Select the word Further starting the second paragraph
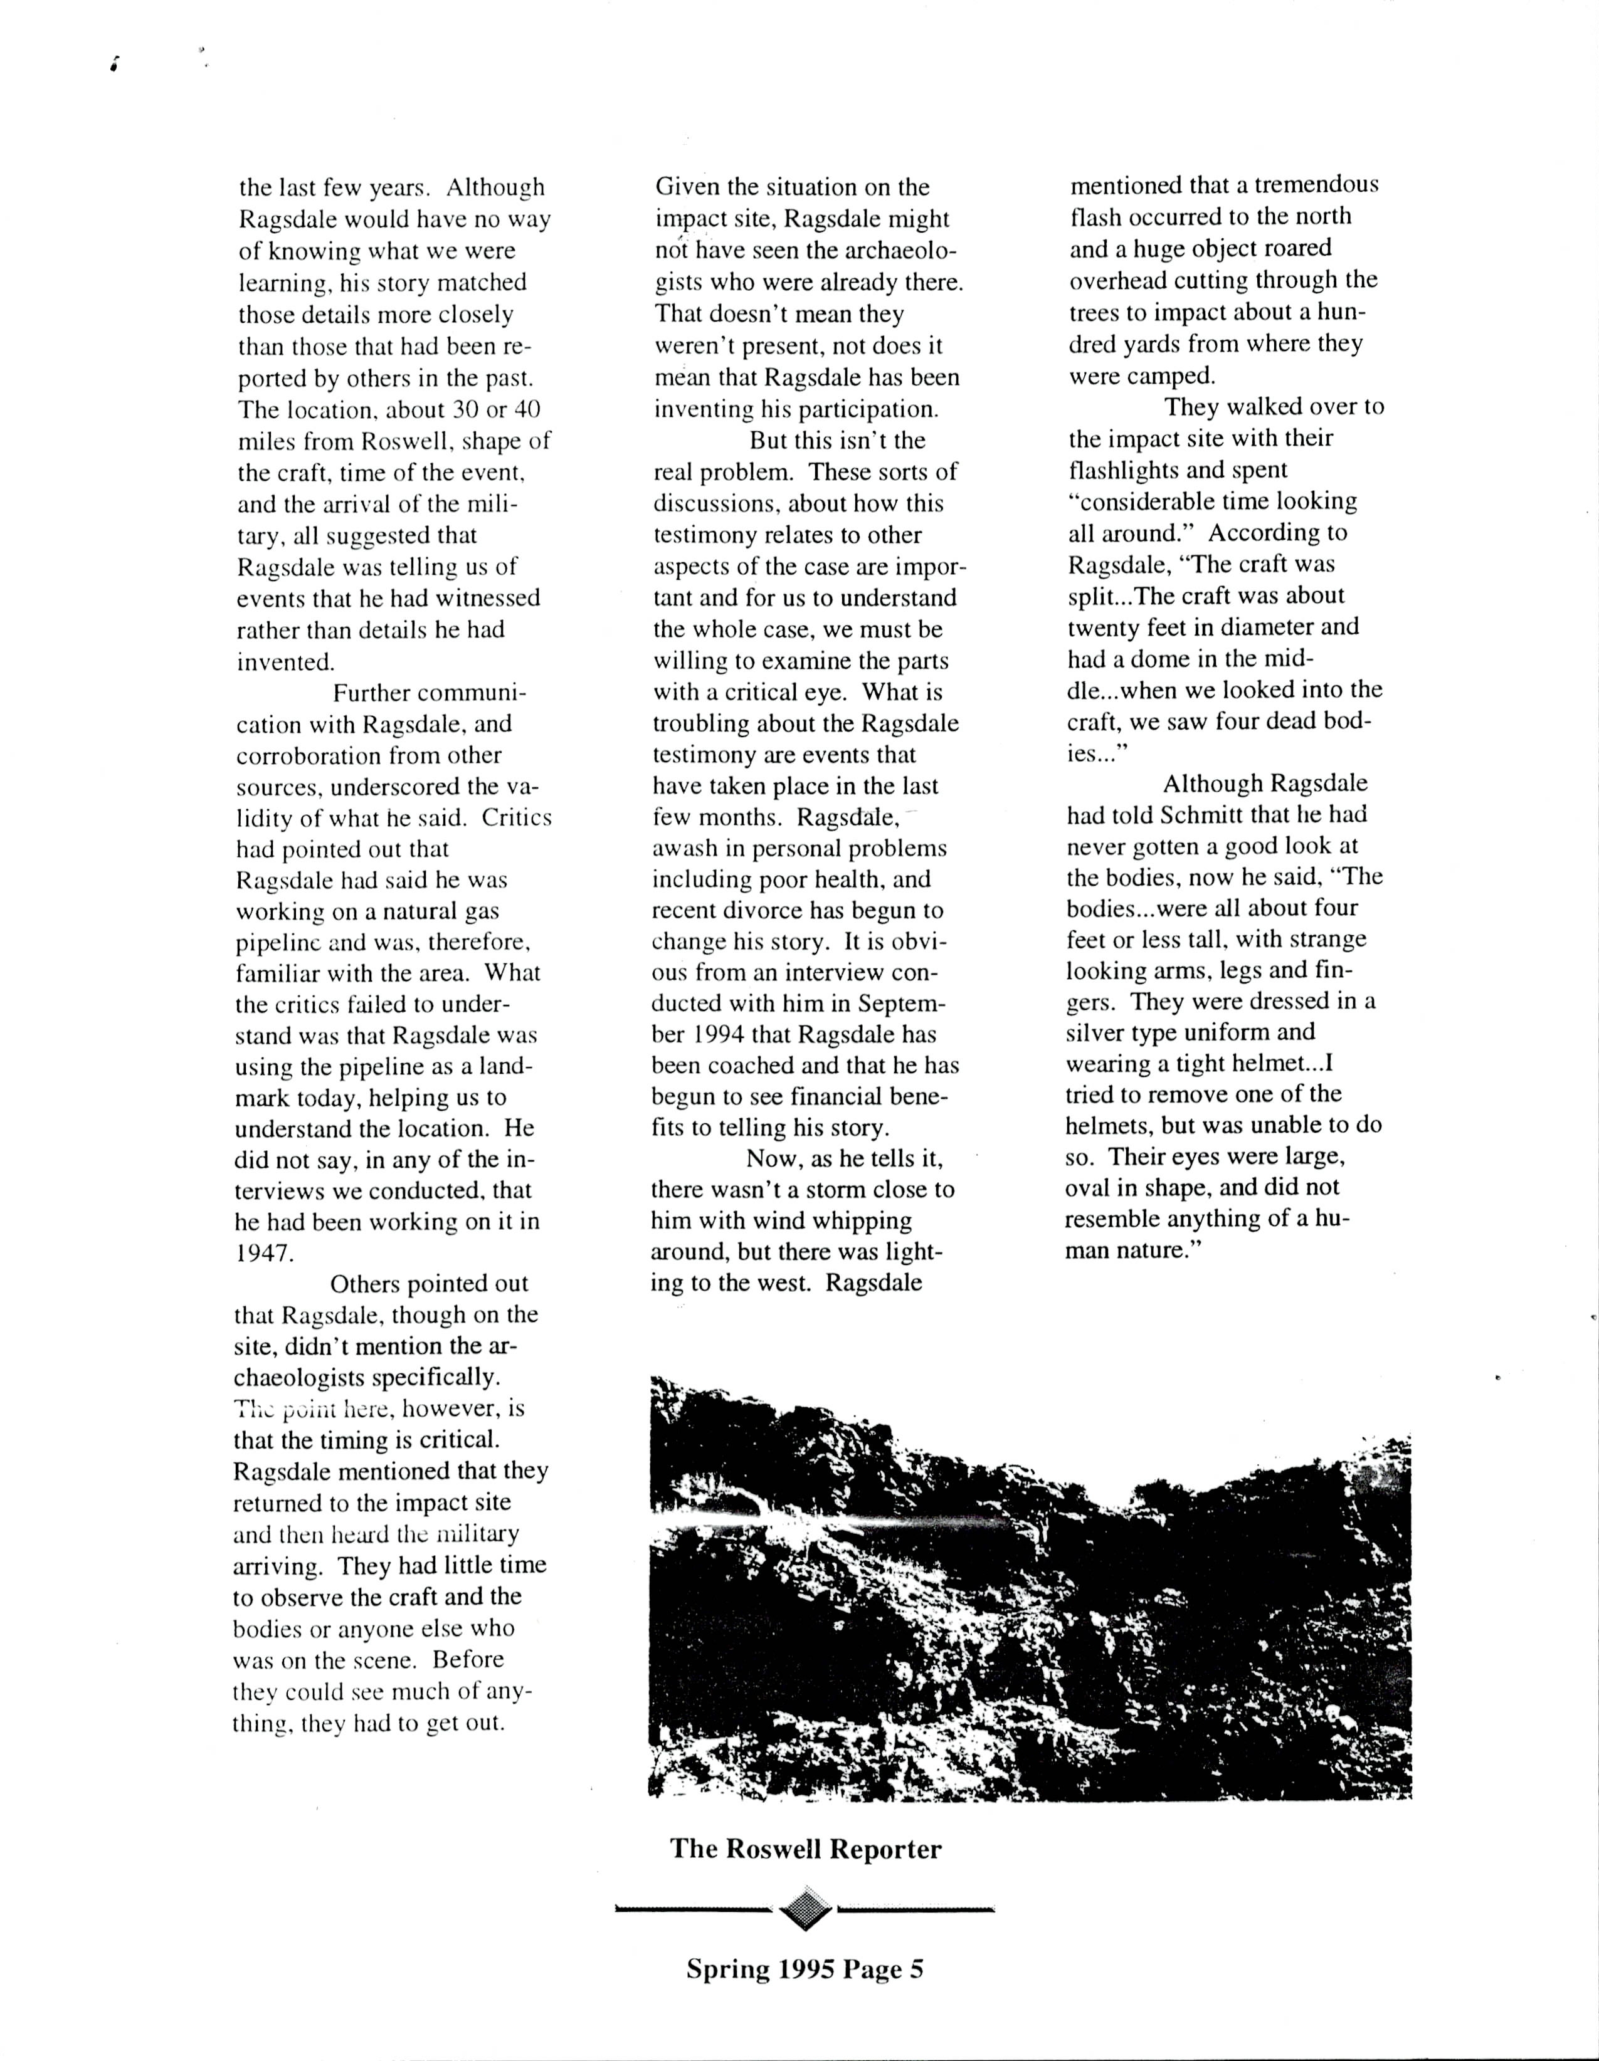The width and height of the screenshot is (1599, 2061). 370,694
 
